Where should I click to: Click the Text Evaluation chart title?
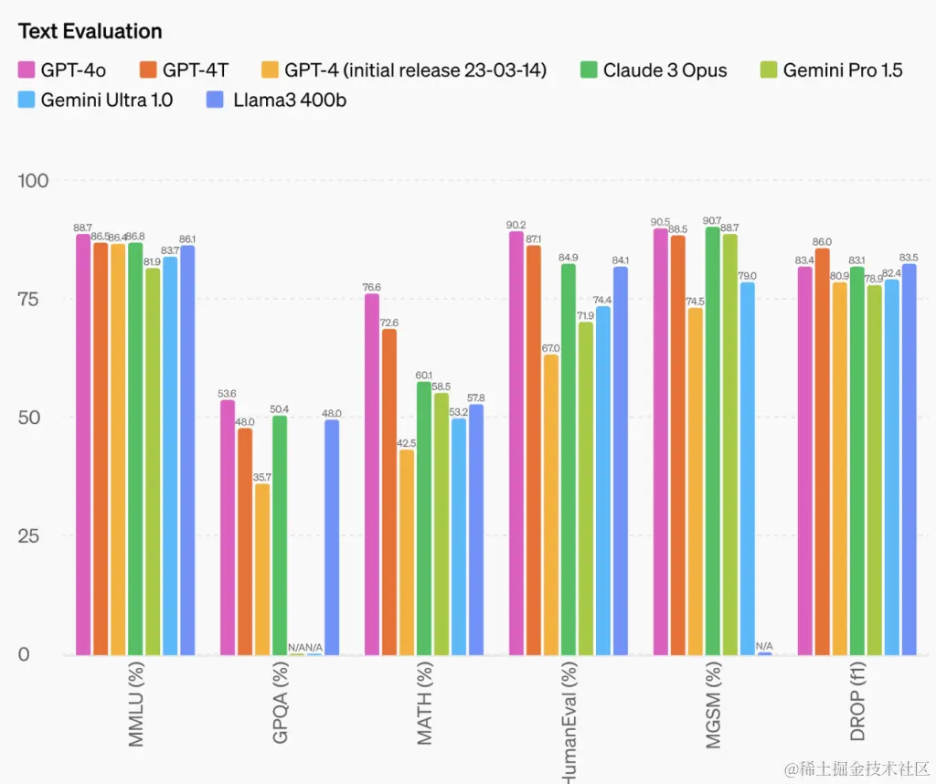point(90,31)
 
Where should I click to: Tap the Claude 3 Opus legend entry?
point(654,69)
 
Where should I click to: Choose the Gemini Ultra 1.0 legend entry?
point(97,100)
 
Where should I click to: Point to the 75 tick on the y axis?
point(36,299)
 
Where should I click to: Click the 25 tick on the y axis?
point(36,535)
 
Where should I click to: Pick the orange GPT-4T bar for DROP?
point(822,451)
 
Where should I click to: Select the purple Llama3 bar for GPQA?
point(332,537)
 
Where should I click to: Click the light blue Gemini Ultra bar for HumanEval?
point(603,480)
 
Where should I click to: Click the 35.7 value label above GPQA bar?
point(262,477)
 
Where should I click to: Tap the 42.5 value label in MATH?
point(407,443)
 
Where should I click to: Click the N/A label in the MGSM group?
point(764,646)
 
